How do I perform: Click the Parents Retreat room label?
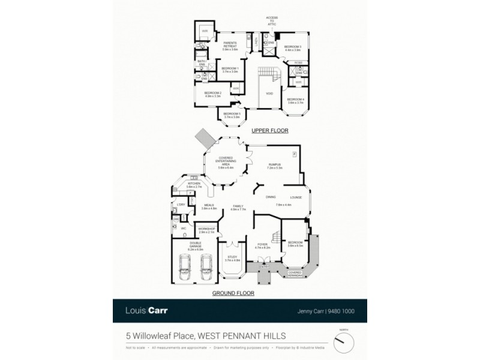pos(230,46)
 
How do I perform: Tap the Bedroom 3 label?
pos(292,48)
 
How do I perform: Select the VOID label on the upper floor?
pos(269,94)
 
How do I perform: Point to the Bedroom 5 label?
pos(232,115)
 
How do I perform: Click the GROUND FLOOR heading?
pos(234,293)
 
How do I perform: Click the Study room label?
pos(232,259)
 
